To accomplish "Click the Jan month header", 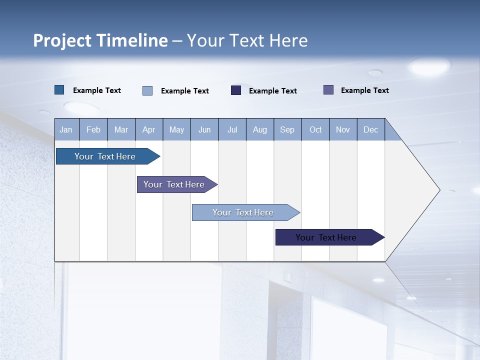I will point(66,129).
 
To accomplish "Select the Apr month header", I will point(148,129).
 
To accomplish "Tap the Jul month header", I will point(232,129).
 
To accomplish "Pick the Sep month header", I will point(287,129).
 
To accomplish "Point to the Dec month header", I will point(370,129).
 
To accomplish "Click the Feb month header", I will point(93,129).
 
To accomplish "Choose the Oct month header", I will point(315,129).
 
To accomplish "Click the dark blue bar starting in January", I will point(105,156).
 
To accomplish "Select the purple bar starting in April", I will point(174,184).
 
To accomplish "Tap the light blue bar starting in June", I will point(243,212).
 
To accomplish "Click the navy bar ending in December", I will point(326,237).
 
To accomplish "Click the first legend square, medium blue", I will point(59,90).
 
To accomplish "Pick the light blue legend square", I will point(147,90).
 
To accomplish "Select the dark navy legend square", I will point(236,90).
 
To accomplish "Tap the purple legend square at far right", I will point(328,90).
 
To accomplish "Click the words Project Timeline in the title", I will point(100,40).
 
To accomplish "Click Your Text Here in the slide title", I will point(247,40).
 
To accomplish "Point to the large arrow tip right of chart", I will point(425,189).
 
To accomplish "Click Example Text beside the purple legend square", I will point(364,90).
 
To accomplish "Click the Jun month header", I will point(204,129).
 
